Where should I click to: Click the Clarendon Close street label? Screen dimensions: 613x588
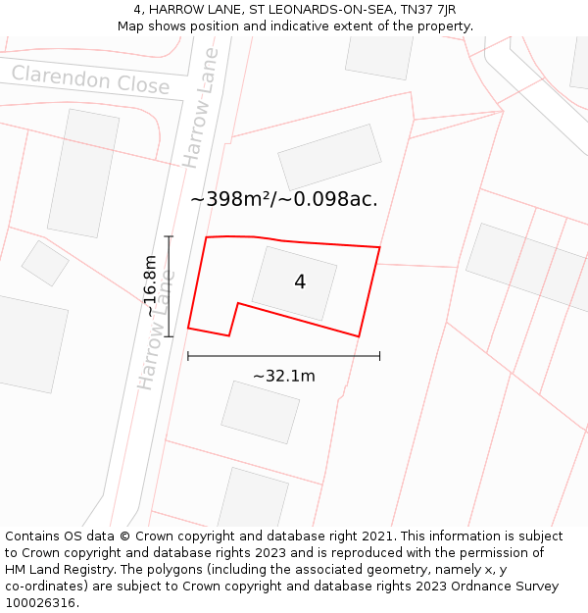coord(90,79)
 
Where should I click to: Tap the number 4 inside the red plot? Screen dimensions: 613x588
coord(300,282)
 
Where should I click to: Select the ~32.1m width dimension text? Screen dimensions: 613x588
coord(284,376)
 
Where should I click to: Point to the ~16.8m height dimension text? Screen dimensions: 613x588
coord(151,285)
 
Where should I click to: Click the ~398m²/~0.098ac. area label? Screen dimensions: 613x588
coord(283,199)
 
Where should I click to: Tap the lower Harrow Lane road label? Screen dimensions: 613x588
coord(159,328)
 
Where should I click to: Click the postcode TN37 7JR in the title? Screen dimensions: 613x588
coord(427,9)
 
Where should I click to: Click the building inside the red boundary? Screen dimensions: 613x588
coord(294,282)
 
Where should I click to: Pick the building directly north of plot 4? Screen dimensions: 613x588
coord(329,157)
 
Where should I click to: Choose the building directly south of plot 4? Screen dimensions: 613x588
coord(260,412)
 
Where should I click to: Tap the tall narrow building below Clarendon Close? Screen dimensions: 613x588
coord(83,173)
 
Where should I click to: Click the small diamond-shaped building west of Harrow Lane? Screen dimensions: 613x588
coord(45,262)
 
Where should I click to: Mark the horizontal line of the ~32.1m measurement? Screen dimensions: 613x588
coord(283,356)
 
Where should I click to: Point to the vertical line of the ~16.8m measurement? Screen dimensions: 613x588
coord(169,285)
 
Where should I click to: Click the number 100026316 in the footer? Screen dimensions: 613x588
coord(39,602)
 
